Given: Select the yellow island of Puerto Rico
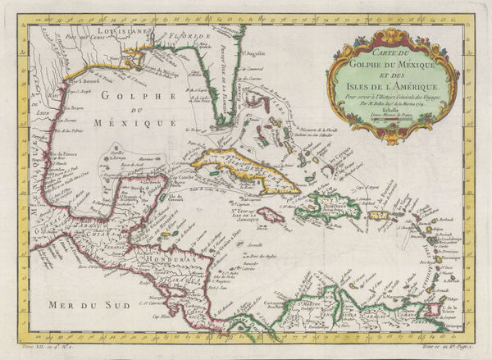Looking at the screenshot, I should tap(380, 216).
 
